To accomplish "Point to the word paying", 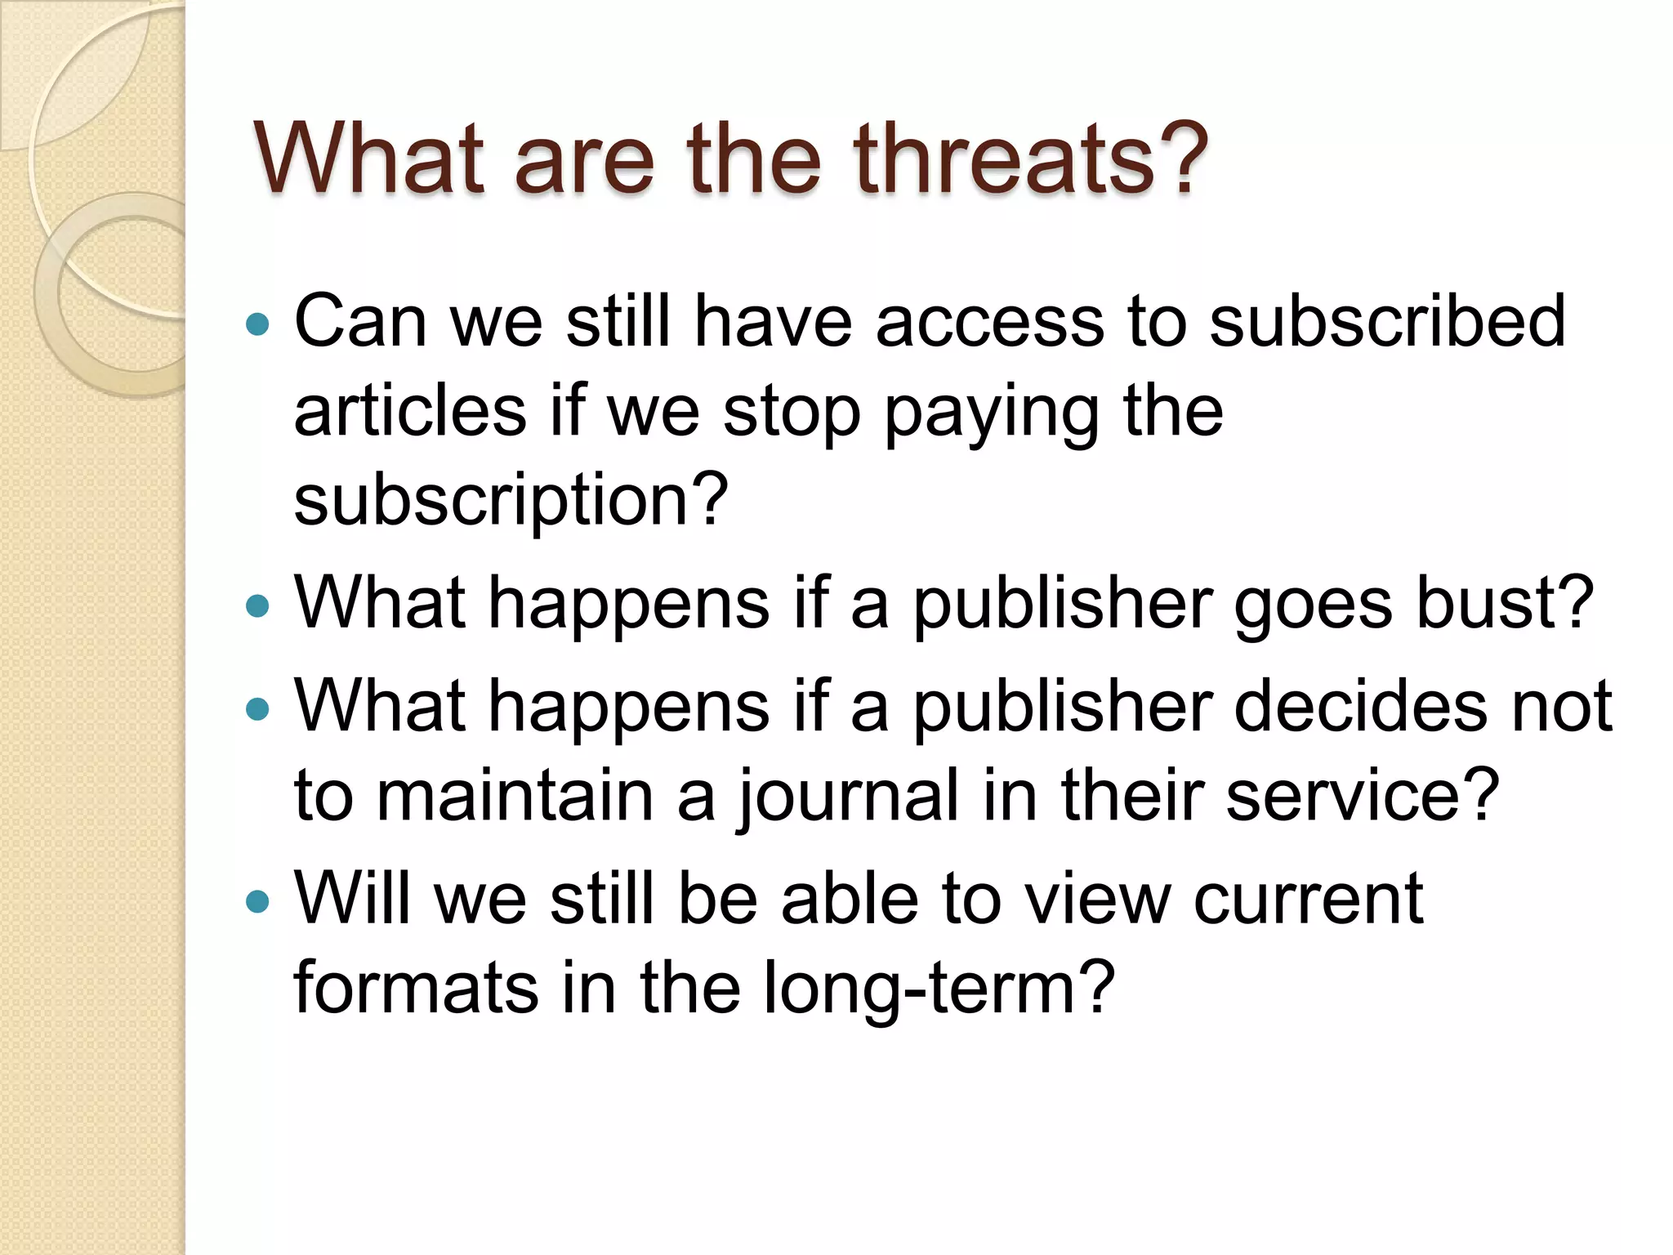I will pyautogui.click(x=992, y=413).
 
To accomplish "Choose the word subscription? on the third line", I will pyautogui.click(x=511, y=500).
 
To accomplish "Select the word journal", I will pyautogui.click(x=849, y=797).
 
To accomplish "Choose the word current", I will pyautogui.click(x=1308, y=899).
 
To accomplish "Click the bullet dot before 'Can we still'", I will pyautogui.click(x=257, y=324).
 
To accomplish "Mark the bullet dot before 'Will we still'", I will pyautogui.click(x=257, y=901).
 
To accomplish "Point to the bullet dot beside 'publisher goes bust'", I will pyautogui.click(x=257, y=606).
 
